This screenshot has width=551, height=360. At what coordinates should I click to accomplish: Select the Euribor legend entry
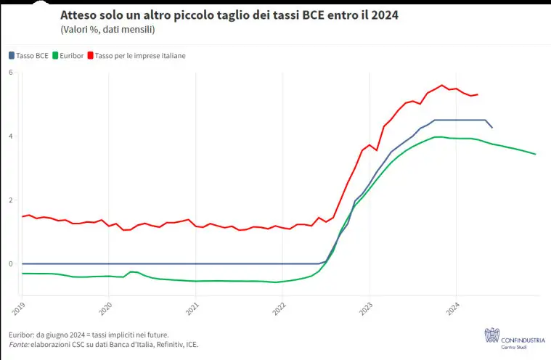(x=70, y=55)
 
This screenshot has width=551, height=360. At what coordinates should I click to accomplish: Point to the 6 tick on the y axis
(x=11, y=73)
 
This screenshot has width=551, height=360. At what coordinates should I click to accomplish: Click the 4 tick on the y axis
(x=11, y=136)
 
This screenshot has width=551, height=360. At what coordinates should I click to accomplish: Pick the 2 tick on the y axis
(x=11, y=200)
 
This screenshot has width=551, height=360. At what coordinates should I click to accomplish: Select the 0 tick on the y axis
(x=11, y=264)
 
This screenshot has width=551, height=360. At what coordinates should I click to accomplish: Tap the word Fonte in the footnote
(x=19, y=345)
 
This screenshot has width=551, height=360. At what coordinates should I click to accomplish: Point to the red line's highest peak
(x=441, y=85)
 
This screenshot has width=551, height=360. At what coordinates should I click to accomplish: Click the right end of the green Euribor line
(x=536, y=154)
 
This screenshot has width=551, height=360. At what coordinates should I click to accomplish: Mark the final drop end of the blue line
(x=493, y=128)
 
